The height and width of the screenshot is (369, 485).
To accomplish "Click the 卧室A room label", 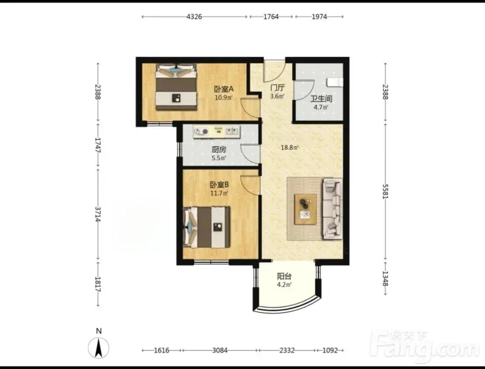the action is coord(224,89).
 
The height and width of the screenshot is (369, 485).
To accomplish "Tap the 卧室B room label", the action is coord(219,185).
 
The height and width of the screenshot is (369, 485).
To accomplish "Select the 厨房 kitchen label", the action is coord(219,150).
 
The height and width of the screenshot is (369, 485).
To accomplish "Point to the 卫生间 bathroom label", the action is coord(321,99).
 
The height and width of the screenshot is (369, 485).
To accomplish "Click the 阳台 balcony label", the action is coord(284,276).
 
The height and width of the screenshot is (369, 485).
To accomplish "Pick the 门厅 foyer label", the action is coord(278,88).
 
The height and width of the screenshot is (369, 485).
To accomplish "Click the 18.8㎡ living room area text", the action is coord(290,147).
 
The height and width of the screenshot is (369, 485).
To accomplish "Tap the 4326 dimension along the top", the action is coord(194,17).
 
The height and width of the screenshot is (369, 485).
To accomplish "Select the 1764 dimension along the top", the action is coord(271,17).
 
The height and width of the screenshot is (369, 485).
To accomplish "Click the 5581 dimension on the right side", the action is coord(385,192).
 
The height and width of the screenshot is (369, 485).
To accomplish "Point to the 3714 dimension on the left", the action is coord(98,214).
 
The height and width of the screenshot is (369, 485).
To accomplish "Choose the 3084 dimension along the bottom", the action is coord(220,350).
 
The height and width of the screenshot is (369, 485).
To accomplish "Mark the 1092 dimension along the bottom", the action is coord(330,350).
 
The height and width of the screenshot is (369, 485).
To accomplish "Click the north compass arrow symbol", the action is coord(99,348).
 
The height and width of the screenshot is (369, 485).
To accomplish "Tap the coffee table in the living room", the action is coord(306,209).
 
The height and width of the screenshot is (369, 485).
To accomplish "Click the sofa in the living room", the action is coord(332,209).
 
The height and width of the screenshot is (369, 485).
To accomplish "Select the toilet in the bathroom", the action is coord(335,83).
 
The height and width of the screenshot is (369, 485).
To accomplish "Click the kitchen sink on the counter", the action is coord(233,131).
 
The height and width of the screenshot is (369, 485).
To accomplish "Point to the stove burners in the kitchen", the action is coord(201,132).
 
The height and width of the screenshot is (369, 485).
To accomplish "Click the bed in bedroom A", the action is coord(176,87).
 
